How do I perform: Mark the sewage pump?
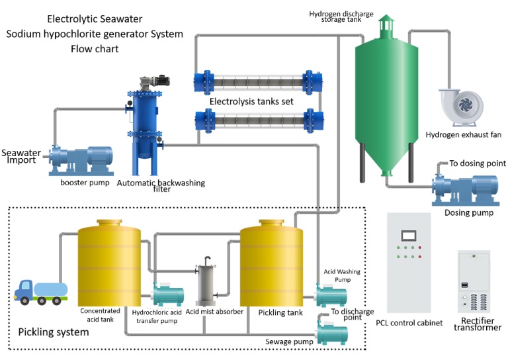[x=332, y=331]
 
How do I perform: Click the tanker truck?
[x=41, y=292]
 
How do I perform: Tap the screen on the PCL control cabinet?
[x=407, y=234]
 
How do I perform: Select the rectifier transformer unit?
[x=474, y=282]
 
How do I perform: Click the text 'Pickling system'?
[x=53, y=332]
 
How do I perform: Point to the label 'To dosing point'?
[x=478, y=163]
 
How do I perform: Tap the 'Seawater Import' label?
[x=21, y=156]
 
